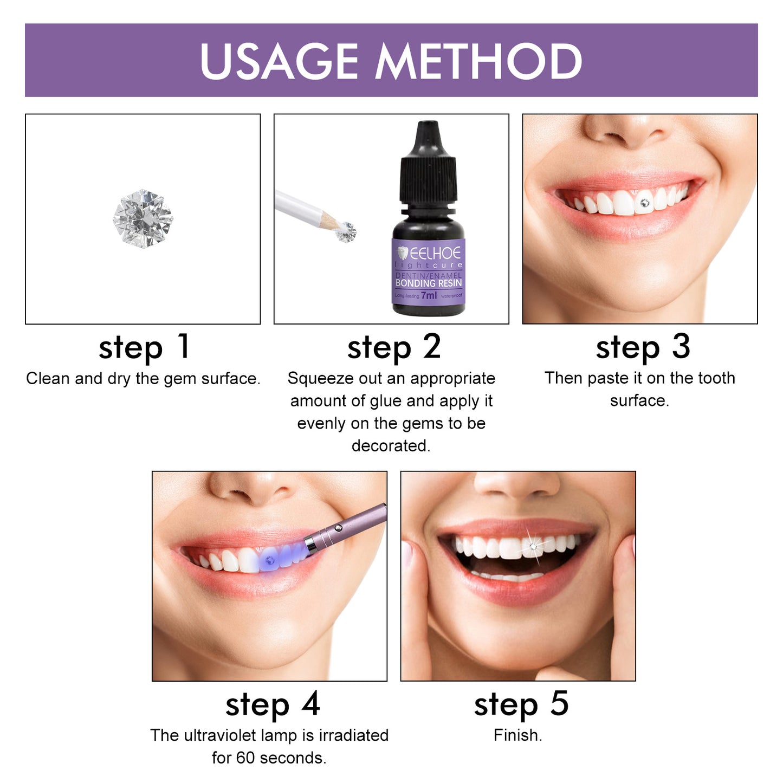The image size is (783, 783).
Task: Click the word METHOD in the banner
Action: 479,61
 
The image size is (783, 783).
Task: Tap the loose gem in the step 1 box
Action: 143,218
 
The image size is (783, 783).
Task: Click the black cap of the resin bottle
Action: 428,163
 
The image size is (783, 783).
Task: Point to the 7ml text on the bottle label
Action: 429,295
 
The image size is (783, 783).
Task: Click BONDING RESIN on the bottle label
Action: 429,283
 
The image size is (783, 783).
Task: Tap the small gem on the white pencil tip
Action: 346,232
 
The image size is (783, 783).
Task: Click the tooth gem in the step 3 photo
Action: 644,203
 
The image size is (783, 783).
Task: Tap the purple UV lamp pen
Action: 347,528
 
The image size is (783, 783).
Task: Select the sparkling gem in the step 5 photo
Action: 533,547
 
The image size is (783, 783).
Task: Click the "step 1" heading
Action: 144,347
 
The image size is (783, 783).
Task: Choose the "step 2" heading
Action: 393,347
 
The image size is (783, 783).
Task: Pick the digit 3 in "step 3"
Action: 681,347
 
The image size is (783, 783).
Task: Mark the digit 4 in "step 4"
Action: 311,704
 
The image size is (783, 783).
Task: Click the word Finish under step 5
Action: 516,735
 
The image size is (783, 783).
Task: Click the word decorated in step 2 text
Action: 390,445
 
